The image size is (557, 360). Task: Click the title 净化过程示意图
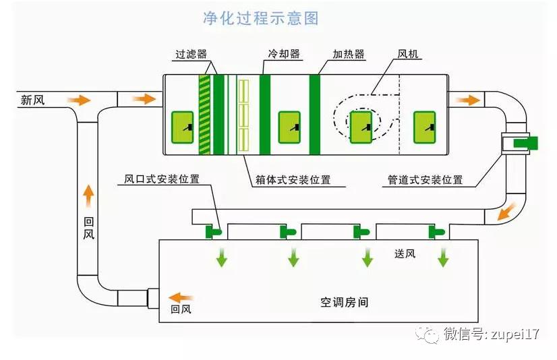tap(260, 18)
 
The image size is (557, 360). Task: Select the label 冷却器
tap(283, 54)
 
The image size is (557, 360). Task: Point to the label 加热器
tap(349, 54)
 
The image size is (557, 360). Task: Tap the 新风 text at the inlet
tap(32, 100)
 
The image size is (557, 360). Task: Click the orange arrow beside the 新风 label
tap(79, 100)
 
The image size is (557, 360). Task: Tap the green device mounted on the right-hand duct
tap(525, 142)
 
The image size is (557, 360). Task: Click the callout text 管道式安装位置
tap(425, 180)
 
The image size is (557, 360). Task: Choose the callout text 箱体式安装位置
tap(293, 180)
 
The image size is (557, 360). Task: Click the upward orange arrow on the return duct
tap(88, 196)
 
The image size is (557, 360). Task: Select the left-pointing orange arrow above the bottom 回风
tap(179, 297)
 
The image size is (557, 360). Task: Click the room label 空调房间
tap(344, 303)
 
